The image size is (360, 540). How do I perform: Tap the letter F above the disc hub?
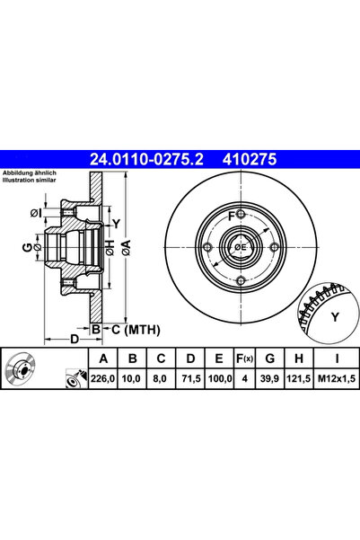pos(231,217)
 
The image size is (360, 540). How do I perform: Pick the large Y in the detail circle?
pos(335,315)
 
